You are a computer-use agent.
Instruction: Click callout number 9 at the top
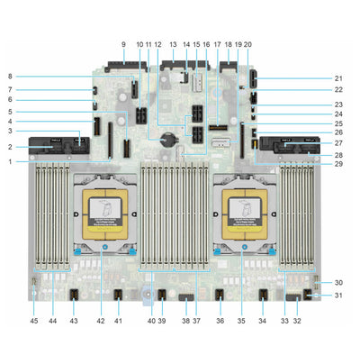123,43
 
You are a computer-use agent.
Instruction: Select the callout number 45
34,321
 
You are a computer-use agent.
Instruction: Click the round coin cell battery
166,141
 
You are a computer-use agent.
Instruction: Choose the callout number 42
101,321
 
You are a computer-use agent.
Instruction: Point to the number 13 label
173,43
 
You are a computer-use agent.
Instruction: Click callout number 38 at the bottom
185,321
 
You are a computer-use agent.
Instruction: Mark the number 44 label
54,321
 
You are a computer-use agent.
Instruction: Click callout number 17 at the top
217,43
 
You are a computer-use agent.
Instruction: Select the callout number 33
285,321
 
